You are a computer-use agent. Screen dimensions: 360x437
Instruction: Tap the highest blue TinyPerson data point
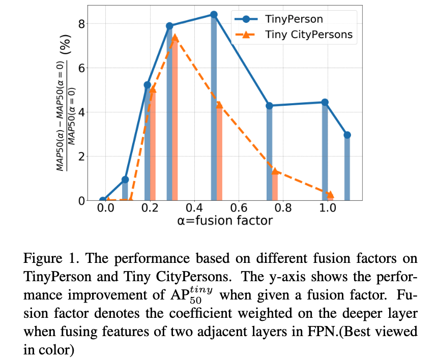coord(214,15)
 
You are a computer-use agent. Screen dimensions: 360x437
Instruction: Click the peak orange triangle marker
coord(174,38)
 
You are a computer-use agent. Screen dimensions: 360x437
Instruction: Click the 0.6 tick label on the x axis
coord(237,208)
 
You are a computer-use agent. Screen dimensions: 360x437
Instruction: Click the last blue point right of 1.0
coord(347,135)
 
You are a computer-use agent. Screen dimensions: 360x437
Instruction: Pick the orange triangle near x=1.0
coord(330,194)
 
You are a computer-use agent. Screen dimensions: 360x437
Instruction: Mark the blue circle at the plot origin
coord(103,200)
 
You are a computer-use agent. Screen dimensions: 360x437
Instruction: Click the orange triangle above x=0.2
coord(153,89)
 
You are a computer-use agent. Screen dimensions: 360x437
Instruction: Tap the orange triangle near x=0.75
coord(275,171)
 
